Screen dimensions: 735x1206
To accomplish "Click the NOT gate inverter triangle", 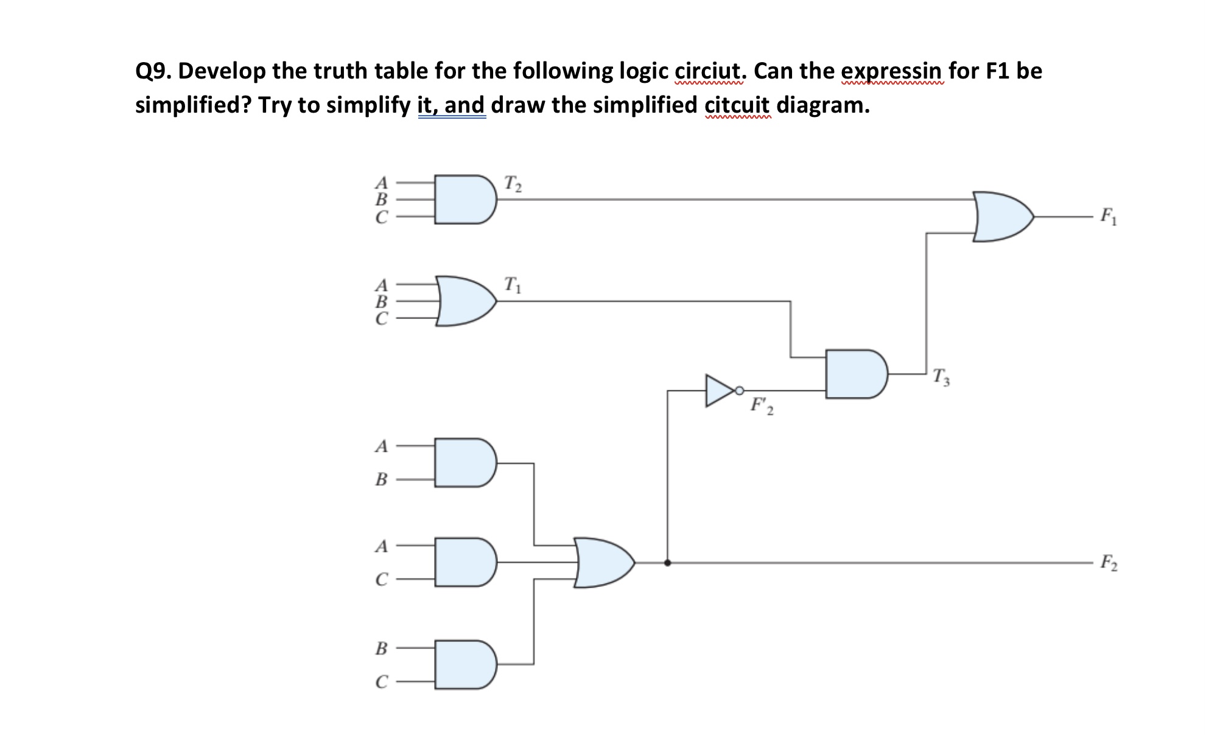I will click(719, 390).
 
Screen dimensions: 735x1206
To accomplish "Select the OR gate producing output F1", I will click(1001, 217).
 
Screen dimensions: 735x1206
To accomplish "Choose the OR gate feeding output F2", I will click(603, 563).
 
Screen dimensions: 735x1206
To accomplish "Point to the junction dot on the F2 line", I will click(668, 563).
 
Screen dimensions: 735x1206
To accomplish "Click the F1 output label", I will click(1108, 217).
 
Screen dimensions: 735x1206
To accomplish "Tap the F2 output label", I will click(1108, 563).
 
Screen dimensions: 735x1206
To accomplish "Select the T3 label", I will click(941, 378).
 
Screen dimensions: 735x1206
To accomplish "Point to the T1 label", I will click(512, 284).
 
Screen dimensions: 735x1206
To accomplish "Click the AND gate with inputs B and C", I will click(465, 664).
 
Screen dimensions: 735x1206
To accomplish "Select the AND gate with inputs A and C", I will click(465, 562).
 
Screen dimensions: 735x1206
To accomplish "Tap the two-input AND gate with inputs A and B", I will click(465, 462).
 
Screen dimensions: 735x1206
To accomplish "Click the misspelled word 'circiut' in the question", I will click(709, 71).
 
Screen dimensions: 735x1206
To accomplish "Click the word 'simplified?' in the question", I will click(193, 105).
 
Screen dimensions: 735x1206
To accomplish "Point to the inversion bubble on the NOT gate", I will click(739, 390).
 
